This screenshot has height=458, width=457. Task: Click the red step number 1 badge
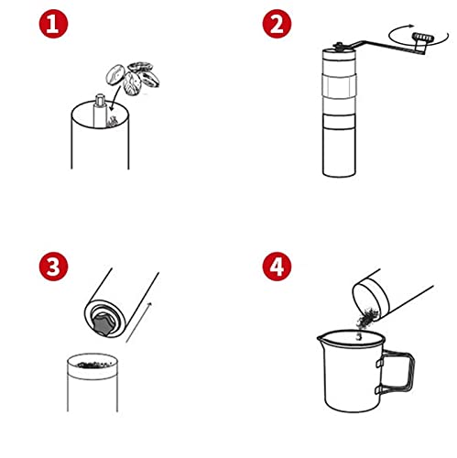point(53,24)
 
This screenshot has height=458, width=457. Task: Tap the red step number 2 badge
point(277,24)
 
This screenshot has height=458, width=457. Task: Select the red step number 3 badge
point(53,267)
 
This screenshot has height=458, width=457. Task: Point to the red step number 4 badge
point(277,267)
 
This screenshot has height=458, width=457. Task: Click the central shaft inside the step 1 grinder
point(100,111)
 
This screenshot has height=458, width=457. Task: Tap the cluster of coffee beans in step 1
point(133,79)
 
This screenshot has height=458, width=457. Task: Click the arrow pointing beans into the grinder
point(115,98)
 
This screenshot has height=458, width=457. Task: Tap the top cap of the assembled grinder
point(339,55)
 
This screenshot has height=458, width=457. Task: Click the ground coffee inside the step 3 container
point(93,365)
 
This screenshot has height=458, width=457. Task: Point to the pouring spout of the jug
point(321,338)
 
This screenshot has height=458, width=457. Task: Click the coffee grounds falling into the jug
point(365,321)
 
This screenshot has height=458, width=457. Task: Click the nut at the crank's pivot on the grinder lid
point(339,47)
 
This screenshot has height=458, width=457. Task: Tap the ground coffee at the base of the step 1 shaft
point(112,122)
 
